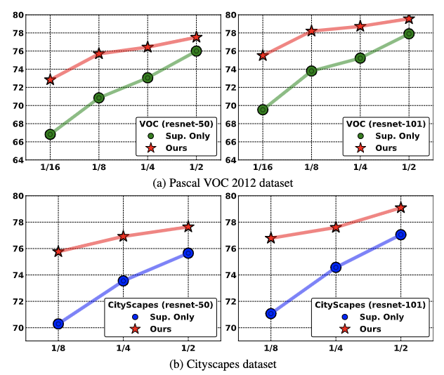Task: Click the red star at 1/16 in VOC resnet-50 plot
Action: (50, 79)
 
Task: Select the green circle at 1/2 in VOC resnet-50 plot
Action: (196, 51)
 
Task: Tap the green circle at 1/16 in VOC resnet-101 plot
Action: (263, 110)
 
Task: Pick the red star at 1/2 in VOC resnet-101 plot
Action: (409, 19)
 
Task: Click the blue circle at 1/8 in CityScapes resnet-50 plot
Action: (58, 324)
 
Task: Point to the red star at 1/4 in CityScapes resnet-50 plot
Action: (123, 237)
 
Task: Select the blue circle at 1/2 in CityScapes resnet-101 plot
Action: (400, 235)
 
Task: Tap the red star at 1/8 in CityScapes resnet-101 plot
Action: (271, 238)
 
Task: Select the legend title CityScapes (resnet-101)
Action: (370, 305)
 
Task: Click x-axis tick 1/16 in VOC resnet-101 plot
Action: (263, 169)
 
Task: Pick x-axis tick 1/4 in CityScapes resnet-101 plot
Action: (336, 348)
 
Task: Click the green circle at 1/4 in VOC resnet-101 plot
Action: (360, 58)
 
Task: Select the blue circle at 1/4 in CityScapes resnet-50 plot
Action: (123, 281)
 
